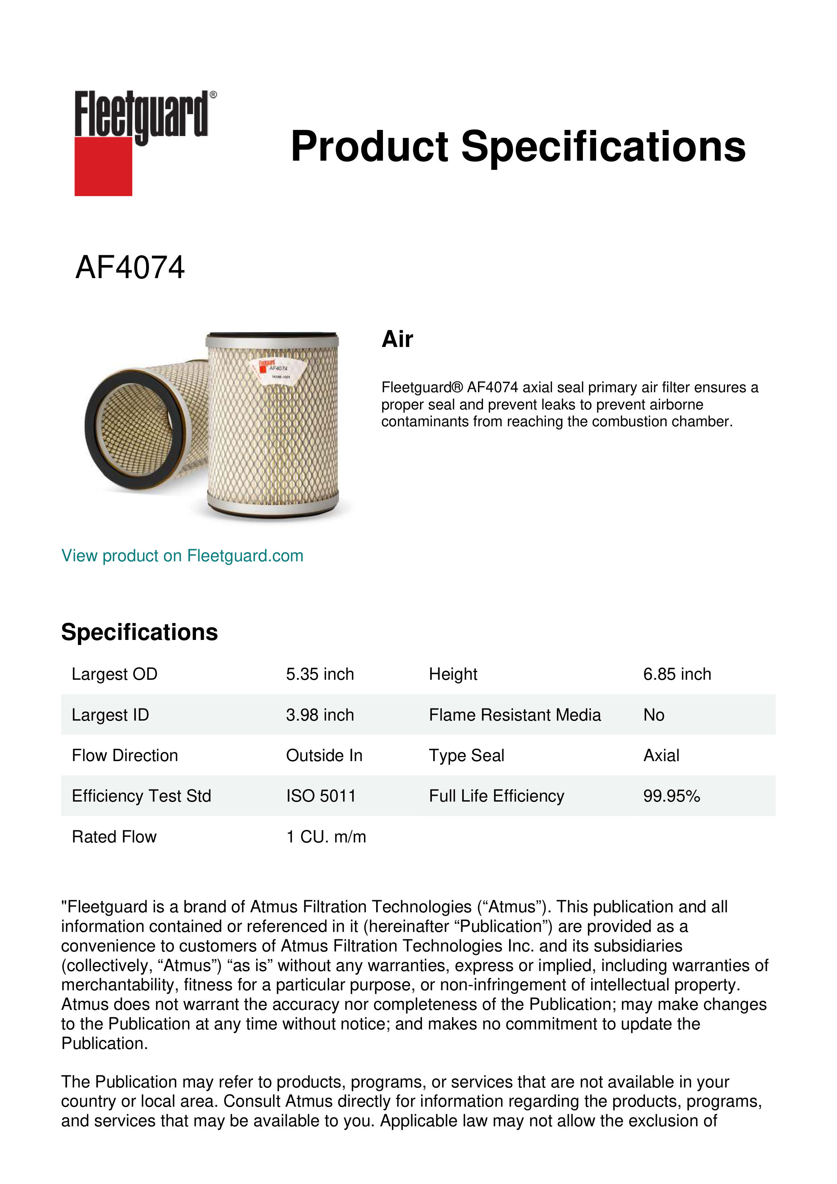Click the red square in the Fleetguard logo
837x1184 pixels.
pyautogui.click(x=103, y=166)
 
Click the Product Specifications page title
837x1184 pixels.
pyautogui.click(x=518, y=146)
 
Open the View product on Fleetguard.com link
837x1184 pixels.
pyautogui.click(x=183, y=556)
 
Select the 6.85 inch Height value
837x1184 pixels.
pyautogui.click(x=677, y=674)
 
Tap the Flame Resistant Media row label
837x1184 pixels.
pyautogui.click(x=514, y=715)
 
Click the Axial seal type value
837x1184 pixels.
pyautogui.click(x=661, y=755)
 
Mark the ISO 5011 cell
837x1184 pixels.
pyautogui.click(x=320, y=796)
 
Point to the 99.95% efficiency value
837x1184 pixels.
pyautogui.click(x=671, y=796)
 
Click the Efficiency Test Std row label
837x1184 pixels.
pyautogui.click(x=141, y=796)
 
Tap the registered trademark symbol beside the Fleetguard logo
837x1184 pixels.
pyautogui.click(x=213, y=95)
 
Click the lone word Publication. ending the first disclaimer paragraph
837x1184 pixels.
pyautogui.click(x=104, y=1043)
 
